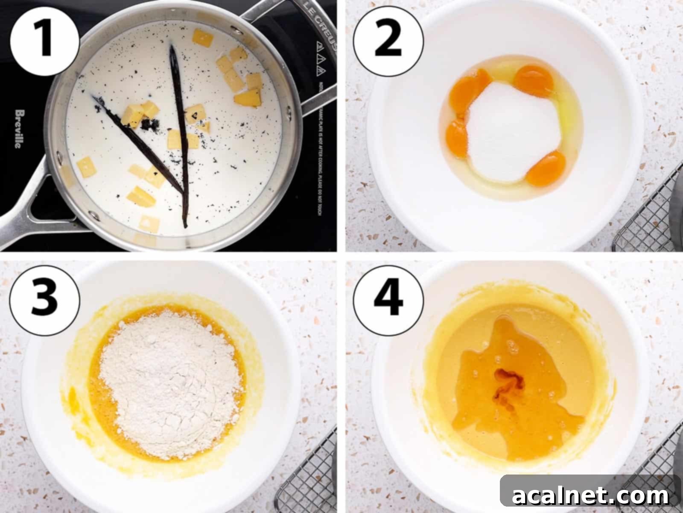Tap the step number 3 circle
point(44,296)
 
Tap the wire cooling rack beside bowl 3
point(307,475)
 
